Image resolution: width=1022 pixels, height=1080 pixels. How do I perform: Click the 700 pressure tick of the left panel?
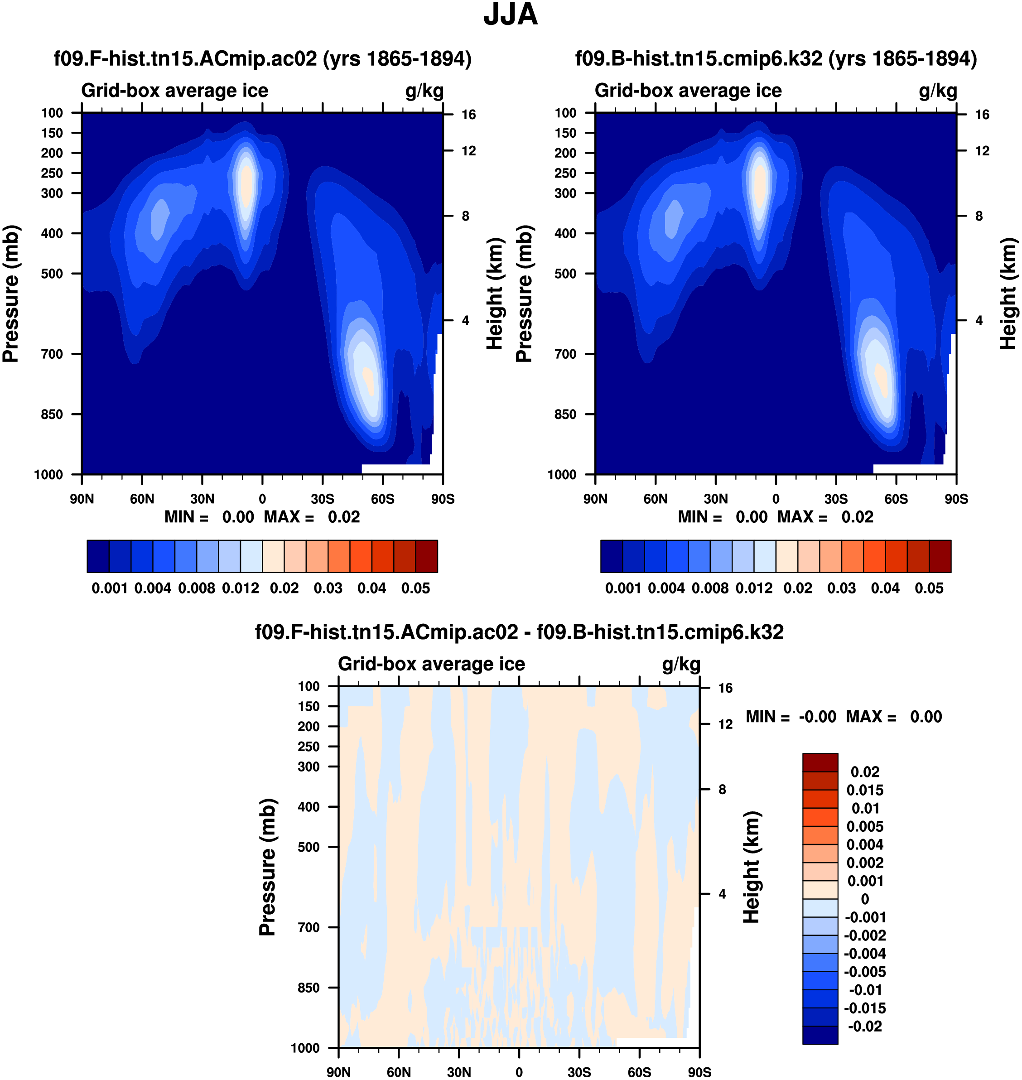(x=52, y=354)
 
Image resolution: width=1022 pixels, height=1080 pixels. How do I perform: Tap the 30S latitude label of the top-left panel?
(x=323, y=499)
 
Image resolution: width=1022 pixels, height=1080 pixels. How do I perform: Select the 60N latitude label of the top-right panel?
(x=656, y=499)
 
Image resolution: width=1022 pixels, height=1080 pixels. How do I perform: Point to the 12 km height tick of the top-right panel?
(x=982, y=151)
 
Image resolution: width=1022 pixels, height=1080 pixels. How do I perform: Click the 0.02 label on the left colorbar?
(x=284, y=588)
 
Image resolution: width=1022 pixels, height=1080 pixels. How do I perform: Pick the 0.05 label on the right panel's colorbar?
(x=929, y=588)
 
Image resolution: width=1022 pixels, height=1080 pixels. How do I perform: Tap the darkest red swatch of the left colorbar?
(x=427, y=556)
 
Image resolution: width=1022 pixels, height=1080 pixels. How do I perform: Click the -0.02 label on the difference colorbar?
(x=864, y=1027)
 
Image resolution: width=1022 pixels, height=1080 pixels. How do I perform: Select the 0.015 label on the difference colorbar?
(x=864, y=791)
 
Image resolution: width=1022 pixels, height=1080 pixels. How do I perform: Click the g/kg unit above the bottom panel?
(x=681, y=664)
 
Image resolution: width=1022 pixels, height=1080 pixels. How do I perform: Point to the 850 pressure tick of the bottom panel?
(x=309, y=988)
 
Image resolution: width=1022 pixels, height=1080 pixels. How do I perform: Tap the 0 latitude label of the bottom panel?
(x=519, y=1072)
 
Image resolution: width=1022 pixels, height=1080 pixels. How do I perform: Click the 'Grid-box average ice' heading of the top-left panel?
(x=175, y=91)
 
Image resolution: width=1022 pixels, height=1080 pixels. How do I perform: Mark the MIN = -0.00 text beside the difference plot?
(x=791, y=717)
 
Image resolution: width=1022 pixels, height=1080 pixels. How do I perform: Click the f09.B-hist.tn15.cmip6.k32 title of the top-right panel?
(x=776, y=59)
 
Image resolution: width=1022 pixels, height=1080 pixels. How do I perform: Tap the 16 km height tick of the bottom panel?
(x=725, y=688)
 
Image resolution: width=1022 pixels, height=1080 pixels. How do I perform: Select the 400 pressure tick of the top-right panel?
(x=565, y=233)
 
